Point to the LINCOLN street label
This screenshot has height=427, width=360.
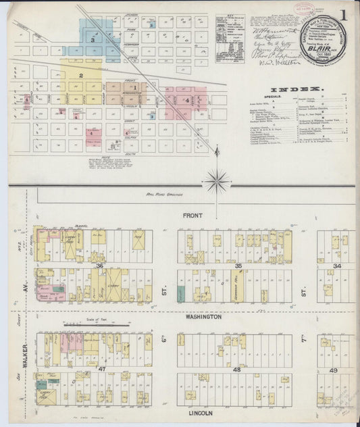[201, 413]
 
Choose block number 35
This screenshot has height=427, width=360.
[238, 266]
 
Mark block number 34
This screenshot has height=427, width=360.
[336, 266]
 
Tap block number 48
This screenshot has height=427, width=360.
[236, 370]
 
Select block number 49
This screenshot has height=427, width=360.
[334, 370]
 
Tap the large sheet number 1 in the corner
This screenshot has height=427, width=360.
[346, 13]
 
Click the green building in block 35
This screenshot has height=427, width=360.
[181, 293]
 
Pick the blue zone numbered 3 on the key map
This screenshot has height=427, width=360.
[92, 41]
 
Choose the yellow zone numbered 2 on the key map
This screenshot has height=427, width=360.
[80, 75]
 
